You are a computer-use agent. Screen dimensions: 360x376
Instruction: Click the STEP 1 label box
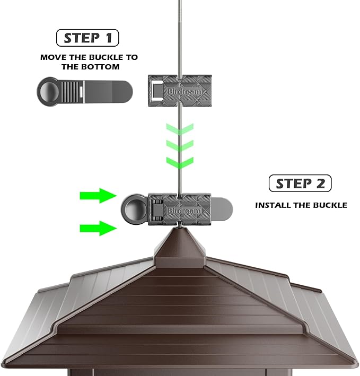(x=87, y=38)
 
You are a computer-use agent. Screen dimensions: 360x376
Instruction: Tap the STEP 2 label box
(x=300, y=183)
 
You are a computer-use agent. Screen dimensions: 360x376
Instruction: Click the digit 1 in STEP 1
(x=109, y=38)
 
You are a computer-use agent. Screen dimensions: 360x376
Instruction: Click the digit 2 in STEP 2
(x=320, y=183)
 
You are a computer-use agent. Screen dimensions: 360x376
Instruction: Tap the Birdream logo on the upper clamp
(x=185, y=91)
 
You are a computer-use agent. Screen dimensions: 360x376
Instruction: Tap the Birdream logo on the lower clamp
(x=184, y=211)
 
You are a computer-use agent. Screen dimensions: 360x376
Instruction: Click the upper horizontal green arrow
(x=98, y=196)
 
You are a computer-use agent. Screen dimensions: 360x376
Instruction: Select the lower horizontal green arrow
(x=98, y=228)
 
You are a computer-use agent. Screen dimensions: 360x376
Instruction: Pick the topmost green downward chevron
(x=180, y=129)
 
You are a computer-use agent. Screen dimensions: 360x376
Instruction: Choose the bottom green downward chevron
(x=180, y=163)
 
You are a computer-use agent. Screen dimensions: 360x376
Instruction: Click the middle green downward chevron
(x=180, y=146)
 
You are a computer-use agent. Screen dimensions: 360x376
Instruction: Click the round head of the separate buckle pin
(x=49, y=91)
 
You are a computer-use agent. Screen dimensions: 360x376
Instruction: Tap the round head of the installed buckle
(x=133, y=209)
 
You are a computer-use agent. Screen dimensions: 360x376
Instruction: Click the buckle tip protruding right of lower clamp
(x=222, y=209)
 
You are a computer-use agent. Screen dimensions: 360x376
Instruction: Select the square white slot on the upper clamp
(x=157, y=91)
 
